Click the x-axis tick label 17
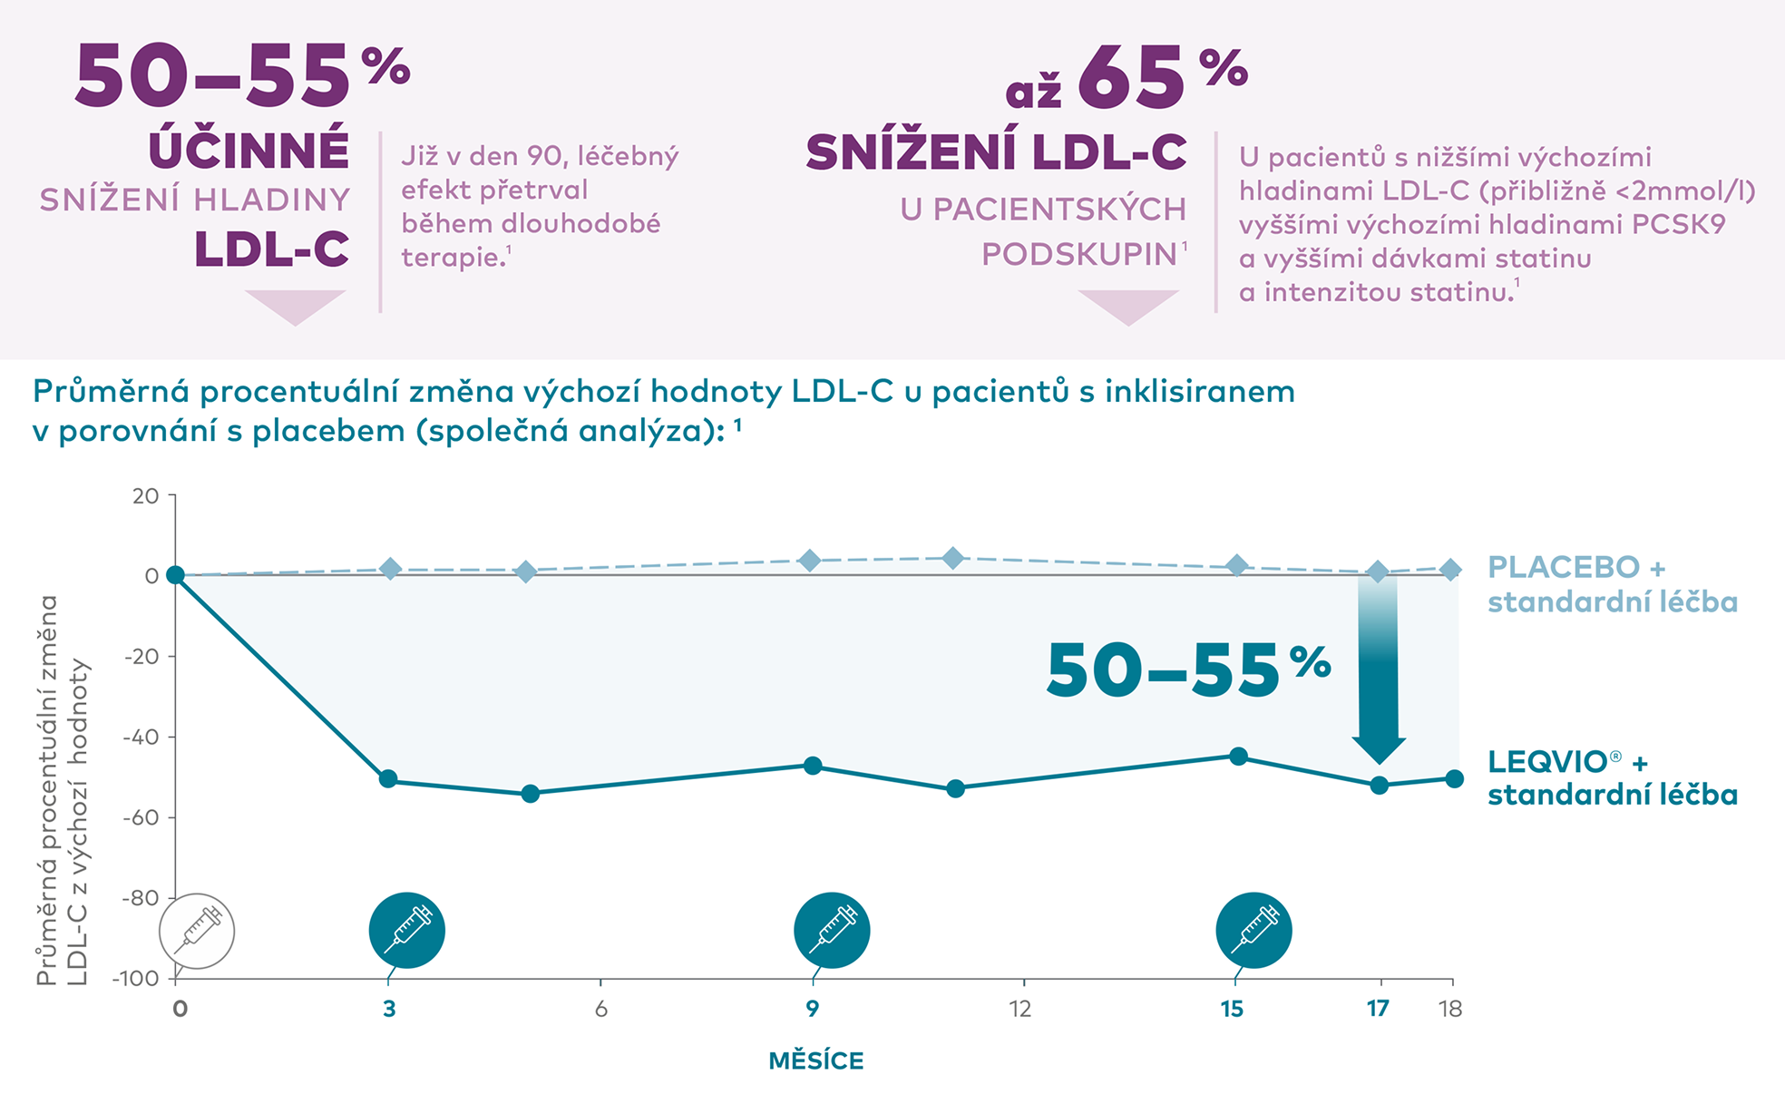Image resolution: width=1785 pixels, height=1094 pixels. (x=1378, y=1009)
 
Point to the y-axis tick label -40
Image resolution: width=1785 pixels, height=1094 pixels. (x=141, y=737)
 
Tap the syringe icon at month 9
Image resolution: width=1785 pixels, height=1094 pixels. (x=832, y=930)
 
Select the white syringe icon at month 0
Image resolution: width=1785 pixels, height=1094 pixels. (x=197, y=931)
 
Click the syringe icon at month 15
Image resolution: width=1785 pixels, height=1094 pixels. (x=1253, y=930)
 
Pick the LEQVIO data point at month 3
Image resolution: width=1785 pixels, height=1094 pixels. (x=388, y=779)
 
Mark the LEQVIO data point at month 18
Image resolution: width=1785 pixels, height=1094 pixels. (x=1454, y=779)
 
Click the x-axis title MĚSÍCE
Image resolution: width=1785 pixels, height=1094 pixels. (x=815, y=1060)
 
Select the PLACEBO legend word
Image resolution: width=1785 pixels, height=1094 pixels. (x=1564, y=568)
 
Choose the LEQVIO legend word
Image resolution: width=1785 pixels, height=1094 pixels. (x=1547, y=762)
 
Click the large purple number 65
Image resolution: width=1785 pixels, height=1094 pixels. (x=1131, y=80)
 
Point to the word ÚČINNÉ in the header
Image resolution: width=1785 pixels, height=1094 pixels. (x=249, y=150)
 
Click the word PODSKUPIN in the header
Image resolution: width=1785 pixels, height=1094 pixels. (x=1079, y=255)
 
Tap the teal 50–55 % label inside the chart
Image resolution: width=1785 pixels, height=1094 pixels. (x=1187, y=671)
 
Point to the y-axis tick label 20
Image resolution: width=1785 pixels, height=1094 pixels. (x=145, y=496)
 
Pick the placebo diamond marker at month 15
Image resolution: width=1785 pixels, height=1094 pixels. (x=1236, y=566)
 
